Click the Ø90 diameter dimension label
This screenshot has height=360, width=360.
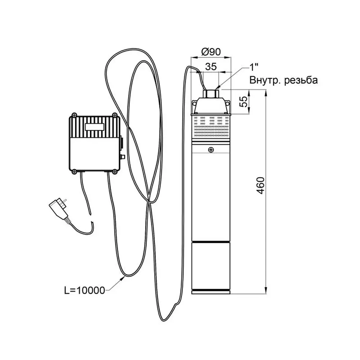[211, 52]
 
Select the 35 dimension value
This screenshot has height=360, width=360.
[211, 67]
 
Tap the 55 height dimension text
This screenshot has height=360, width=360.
[244, 101]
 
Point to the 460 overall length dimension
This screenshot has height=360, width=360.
[261, 185]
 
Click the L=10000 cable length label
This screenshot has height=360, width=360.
[85, 291]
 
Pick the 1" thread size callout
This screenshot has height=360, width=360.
[254, 67]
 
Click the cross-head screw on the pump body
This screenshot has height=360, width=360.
[211, 150]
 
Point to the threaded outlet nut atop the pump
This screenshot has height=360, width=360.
[211, 93]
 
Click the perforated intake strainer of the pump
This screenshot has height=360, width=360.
[211, 128]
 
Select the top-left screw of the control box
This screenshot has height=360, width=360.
[74, 115]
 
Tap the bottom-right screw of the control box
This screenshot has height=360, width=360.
[114, 171]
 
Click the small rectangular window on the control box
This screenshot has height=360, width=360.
[95, 127]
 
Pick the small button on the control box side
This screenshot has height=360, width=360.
[123, 157]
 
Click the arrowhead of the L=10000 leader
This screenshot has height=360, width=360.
[122, 279]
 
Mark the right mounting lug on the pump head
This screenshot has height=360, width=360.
[228, 104]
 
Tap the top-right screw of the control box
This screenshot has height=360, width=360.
[114, 115]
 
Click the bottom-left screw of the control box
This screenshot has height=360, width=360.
[74, 171]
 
